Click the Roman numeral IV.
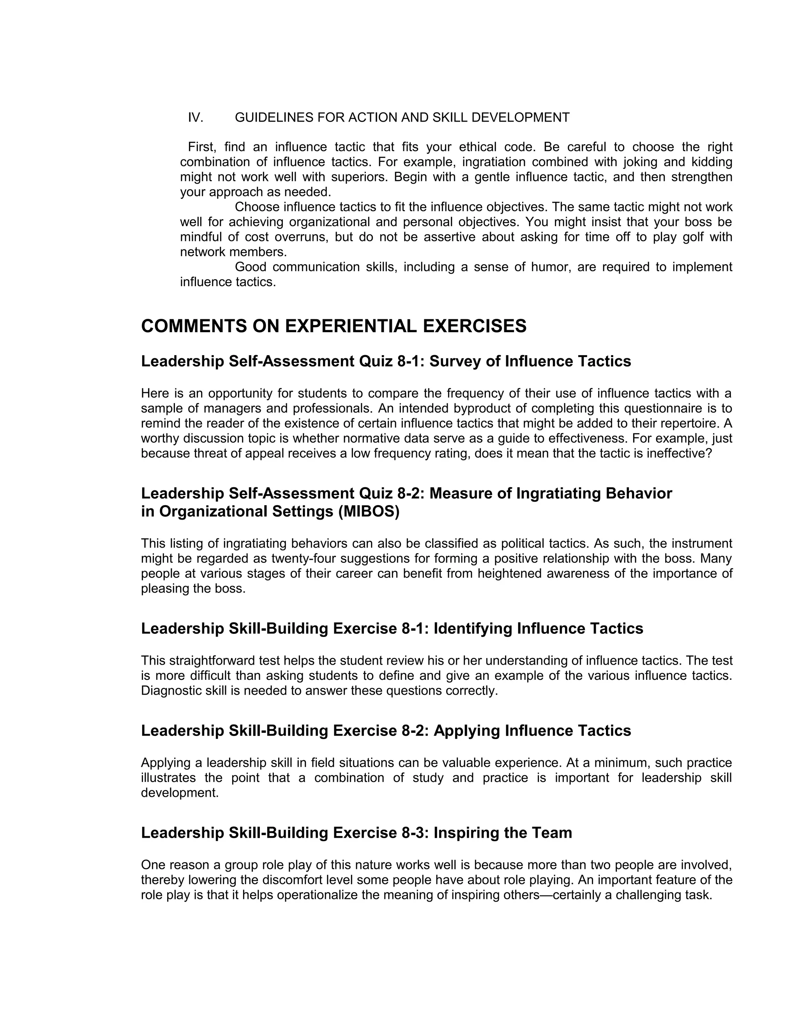pyautogui.click(x=195, y=117)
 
